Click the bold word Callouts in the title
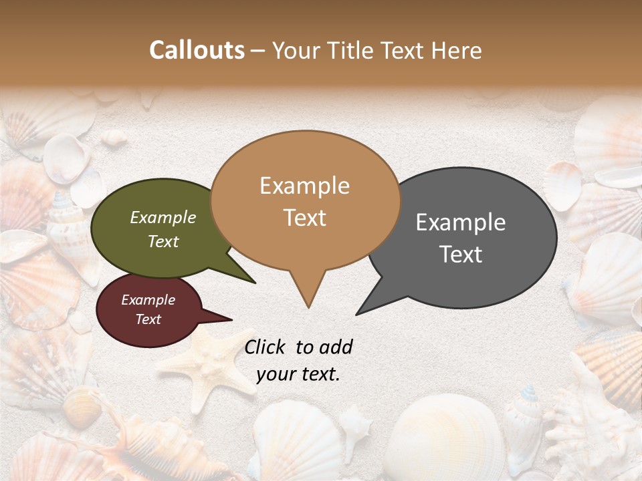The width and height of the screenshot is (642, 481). click(x=197, y=50)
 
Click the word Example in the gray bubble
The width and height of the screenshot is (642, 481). click(x=461, y=222)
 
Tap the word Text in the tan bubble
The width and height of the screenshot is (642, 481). click(x=305, y=218)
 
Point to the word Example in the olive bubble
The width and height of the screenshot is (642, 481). click(x=163, y=218)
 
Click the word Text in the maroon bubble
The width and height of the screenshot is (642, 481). click(x=148, y=319)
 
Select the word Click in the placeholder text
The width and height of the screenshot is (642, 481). click(x=264, y=347)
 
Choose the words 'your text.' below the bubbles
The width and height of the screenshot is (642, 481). click(x=298, y=374)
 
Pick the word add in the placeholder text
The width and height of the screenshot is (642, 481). click(x=336, y=347)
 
